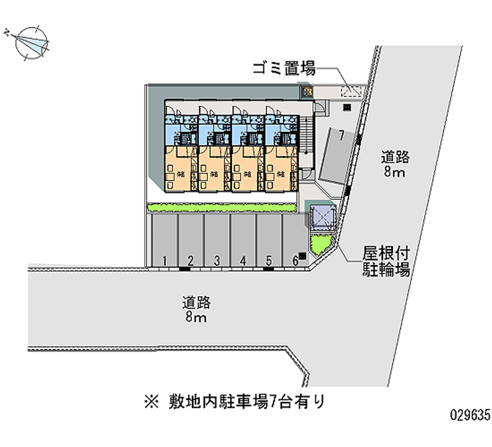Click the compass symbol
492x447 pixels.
[x=29, y=42]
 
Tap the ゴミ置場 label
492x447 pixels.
[x=284, y=68]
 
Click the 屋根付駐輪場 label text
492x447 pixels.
[x=385, y=261]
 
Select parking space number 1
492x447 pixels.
[x=165, y=261]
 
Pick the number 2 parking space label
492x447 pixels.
[x=191, y=261]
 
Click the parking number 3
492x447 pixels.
[x=217, y=261]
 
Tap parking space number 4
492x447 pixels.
[x=243, y=261]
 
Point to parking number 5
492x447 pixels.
[x=269, y=261]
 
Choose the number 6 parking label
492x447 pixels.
[x=295, y=261]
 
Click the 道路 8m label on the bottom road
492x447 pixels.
[x=196, y=310]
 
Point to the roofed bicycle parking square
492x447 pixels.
[x=322, y=216]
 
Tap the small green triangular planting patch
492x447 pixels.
[x=320, y=245]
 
